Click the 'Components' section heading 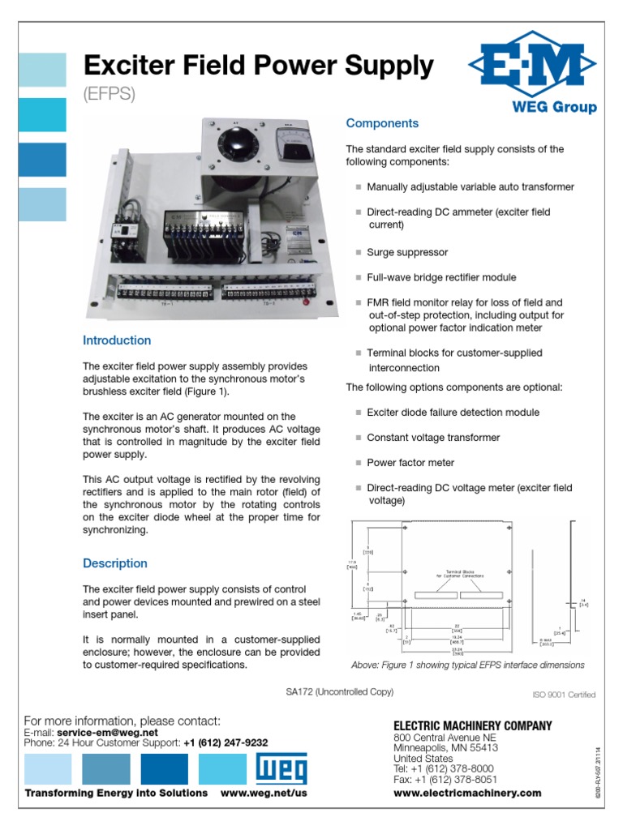pos(382,123)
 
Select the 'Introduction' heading pos(117,340)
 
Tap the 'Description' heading pos(115,563)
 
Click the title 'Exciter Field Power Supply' pos(259,66)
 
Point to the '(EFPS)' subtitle pos(109,94)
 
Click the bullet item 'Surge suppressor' pos(406,252)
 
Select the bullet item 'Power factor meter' pos(410,463)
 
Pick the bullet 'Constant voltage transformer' pos(433,438)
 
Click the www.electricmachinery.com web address pos(466,793)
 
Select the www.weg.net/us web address pos(264,793)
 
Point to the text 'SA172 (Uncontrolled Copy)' pos(339,691)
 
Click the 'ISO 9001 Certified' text pos(563,695)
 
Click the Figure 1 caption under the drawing pos(467,665)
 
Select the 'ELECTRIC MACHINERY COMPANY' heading pos(472,725)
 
